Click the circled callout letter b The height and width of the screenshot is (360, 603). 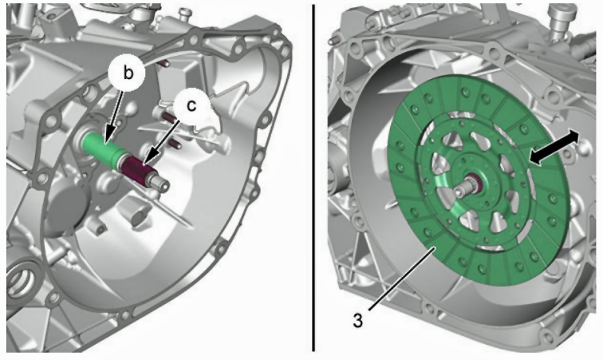[128, 73]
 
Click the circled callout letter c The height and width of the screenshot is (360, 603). [191, 105]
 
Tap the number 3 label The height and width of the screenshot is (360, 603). [357, 320]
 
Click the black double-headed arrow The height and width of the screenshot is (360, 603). [554, 148]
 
